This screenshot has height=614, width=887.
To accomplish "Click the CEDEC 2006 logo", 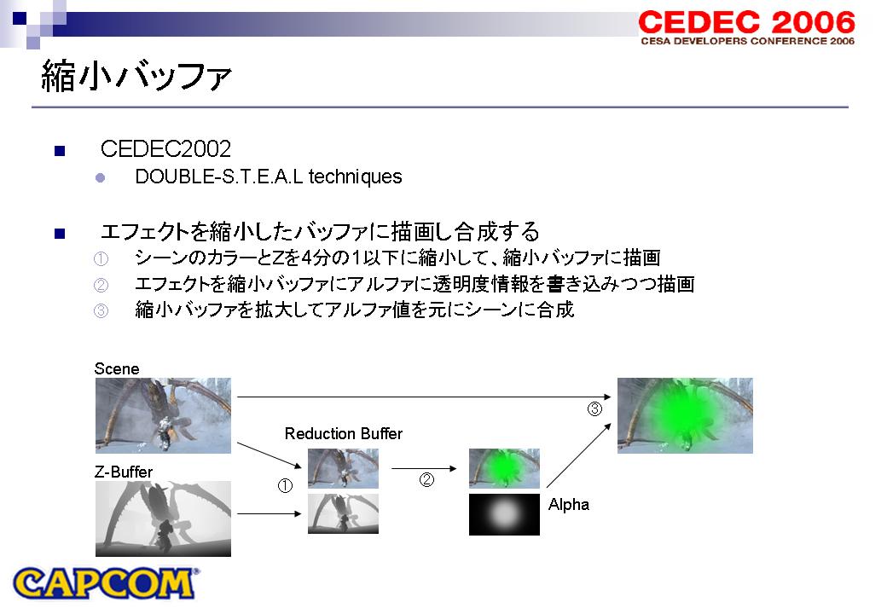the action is (747, 27).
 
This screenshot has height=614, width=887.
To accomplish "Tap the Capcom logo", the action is (105, 583).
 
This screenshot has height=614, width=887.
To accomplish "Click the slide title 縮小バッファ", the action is (136, 76).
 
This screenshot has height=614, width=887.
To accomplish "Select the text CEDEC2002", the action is (165, 149).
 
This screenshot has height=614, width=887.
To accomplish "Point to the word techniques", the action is (356, 177).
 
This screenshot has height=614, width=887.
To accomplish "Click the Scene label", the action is (117, 368).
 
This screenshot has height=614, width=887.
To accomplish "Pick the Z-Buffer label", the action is (124, 472).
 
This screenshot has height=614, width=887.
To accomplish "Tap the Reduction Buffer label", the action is (344, 434).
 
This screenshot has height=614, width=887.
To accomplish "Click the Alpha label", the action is (569, 504).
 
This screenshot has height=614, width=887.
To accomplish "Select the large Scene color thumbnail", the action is (163, 415).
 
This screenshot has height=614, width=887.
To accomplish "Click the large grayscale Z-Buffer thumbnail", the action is (163, 518).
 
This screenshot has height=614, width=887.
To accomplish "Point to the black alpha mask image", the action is (504, 514).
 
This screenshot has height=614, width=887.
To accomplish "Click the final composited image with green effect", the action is (685, 415).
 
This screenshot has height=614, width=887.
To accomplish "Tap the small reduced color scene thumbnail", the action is (344, 469).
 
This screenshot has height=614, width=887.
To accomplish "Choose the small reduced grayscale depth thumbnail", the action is (344, 514).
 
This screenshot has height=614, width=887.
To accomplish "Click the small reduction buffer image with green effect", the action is (504, 469).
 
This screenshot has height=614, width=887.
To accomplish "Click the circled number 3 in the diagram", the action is (594, 408).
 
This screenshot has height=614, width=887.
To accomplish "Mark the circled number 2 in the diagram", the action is (426, 479).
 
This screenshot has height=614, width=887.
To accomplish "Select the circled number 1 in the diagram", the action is (285, 485).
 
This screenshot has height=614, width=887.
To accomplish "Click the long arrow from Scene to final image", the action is (424, 397).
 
